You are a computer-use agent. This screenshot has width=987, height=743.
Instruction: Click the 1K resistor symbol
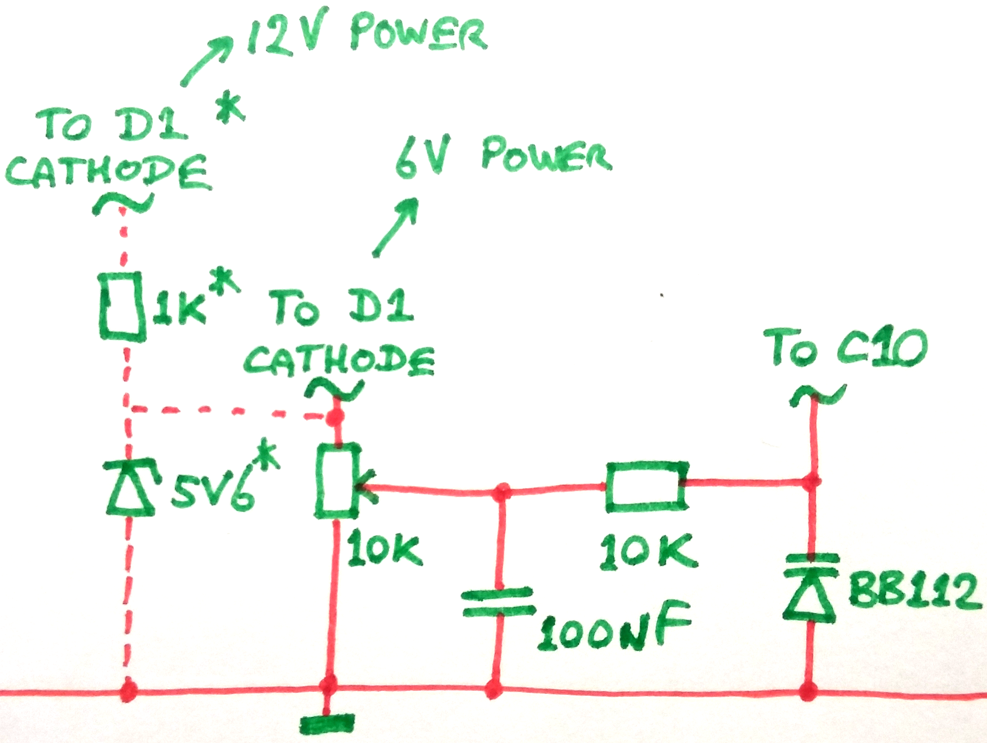click(121, 306)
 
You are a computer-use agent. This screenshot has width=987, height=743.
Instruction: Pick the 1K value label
click(179, 308)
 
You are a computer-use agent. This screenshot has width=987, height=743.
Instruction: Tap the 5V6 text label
click(213, 493)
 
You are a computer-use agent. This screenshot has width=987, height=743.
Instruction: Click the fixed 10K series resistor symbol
click(646, 486)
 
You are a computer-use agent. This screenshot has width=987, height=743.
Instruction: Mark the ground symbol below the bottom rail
click(327, 724)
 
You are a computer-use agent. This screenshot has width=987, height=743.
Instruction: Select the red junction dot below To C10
click(811, 481)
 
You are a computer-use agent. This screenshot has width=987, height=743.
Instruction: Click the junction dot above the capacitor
click(502, 492)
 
